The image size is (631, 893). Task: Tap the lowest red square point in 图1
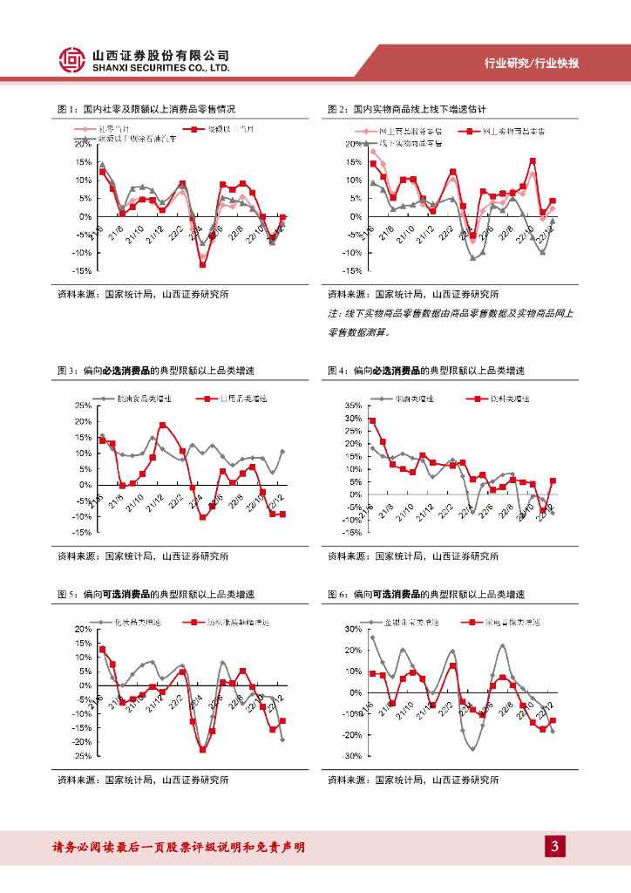(202, 263)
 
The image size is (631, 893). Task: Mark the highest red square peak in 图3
(163, 426)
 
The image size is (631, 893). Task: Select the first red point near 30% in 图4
(373, 421)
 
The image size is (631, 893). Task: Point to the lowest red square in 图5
(203, 749)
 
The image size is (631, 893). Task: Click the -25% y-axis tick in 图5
(81, 756)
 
